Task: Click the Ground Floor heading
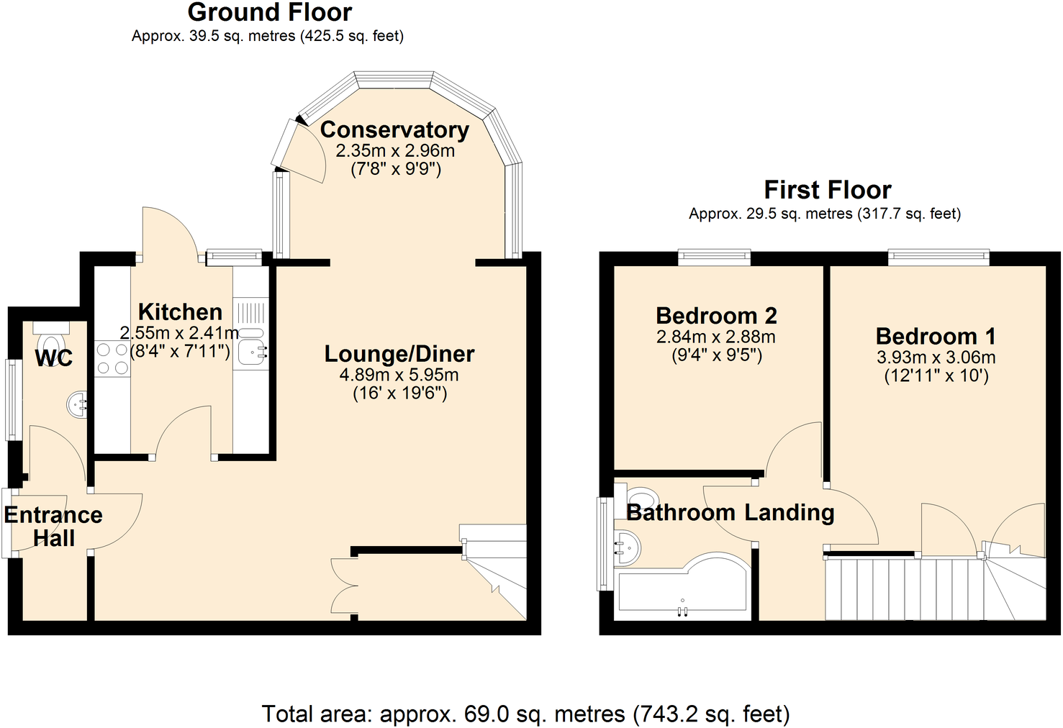(269, 13)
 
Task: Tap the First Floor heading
(827, 190)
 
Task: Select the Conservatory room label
(394, 130)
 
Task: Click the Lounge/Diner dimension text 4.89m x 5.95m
(399, 375)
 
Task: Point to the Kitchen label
(180, 312)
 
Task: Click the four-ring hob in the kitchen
(112, 359)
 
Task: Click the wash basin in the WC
(78, 406)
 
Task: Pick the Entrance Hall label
(53, 527)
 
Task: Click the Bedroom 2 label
(716, 316)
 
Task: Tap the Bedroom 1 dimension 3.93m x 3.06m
(936, 358)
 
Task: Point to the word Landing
(790, 513)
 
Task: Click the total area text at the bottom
(525, 714)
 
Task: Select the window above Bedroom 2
(714, 258)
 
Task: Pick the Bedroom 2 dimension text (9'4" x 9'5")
(716, 355)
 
